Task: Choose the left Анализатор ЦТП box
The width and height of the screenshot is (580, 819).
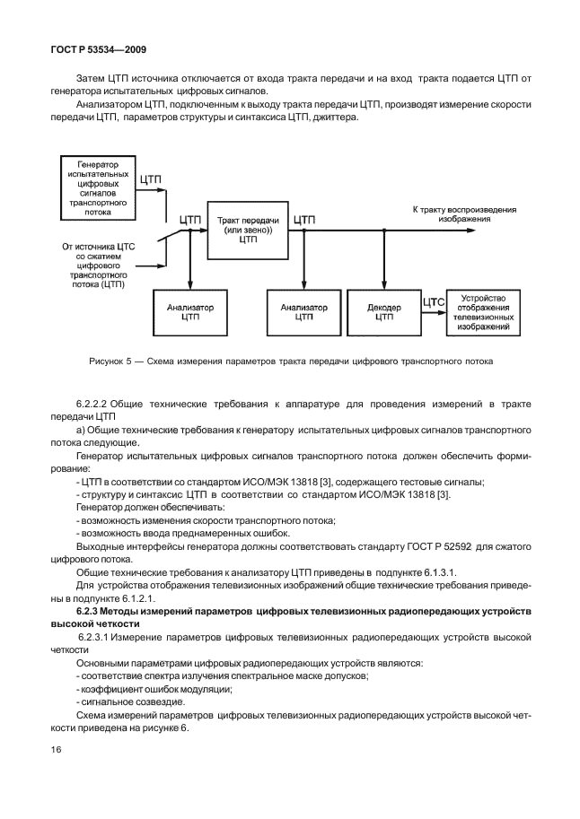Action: (x=190, y=310)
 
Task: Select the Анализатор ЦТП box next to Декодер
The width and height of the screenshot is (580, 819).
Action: (x=303, y=310)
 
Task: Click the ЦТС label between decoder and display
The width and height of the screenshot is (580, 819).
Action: (x=434, y=302)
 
